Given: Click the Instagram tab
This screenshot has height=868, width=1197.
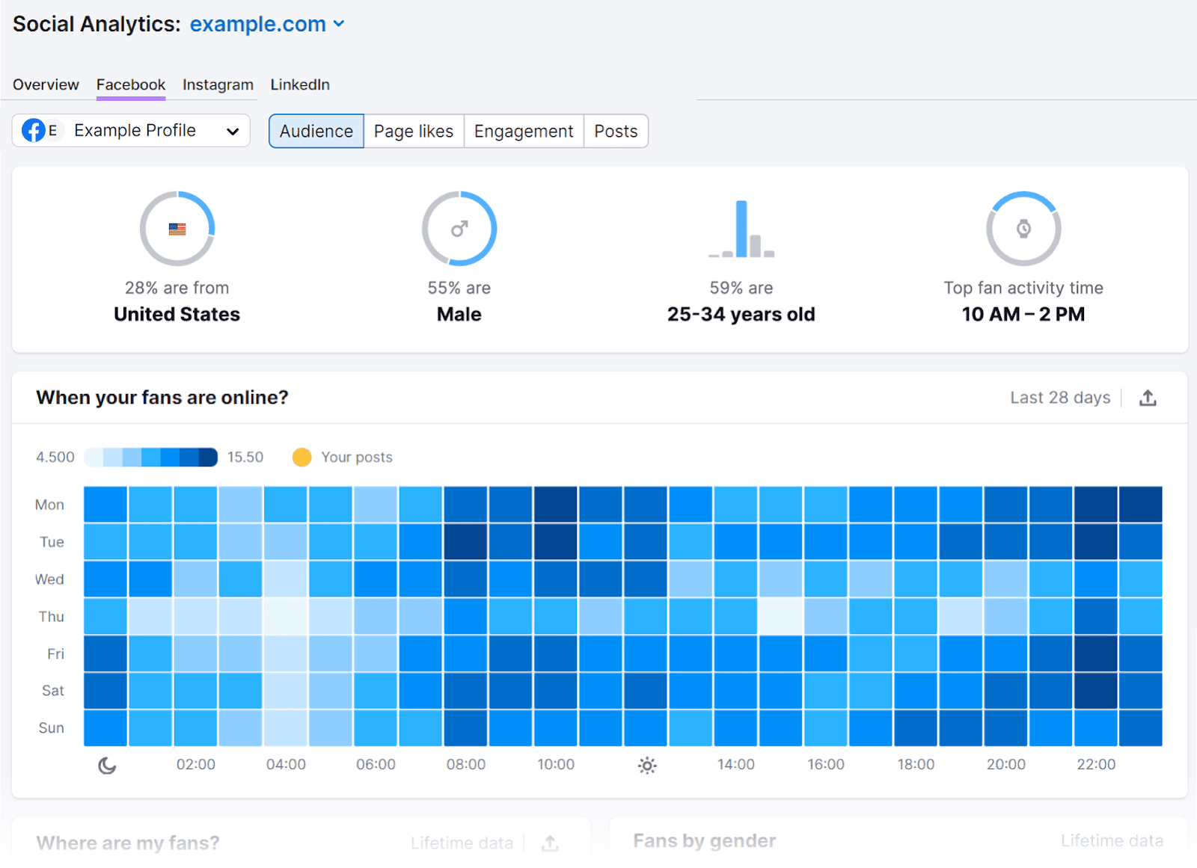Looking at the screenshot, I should coord(218,84).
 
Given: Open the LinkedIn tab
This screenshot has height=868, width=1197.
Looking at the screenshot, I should coord(299,84).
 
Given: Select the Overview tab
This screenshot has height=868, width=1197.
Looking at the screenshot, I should coord(46,84).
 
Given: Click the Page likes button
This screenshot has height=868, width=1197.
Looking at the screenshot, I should coord(413,132).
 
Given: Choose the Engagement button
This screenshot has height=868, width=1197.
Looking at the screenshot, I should coord(523,132).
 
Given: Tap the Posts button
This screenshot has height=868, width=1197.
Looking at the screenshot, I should coord(615,132).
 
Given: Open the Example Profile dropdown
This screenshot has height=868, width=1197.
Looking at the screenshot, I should coord(131,131).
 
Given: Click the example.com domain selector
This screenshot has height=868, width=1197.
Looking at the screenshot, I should coord(266,24).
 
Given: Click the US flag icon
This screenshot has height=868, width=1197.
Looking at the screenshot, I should coord(177,229).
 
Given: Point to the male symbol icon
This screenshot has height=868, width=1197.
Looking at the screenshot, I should coord(459,229).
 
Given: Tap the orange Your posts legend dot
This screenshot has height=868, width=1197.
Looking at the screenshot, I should coord(301,457).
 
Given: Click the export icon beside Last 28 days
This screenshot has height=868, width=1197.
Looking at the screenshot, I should coord(1148,398).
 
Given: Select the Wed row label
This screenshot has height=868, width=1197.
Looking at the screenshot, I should coord(49,579).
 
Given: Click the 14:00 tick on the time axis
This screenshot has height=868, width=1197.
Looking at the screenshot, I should coord(735,764).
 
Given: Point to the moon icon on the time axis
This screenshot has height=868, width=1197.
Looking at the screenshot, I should coord(107,765).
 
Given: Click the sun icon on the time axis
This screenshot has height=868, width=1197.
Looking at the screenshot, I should coord(647,765).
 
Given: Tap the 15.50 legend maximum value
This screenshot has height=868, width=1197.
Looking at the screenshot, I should coord(245,457).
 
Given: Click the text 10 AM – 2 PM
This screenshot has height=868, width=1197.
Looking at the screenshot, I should coord(1023,314).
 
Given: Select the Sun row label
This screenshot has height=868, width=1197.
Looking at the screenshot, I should coord(51,728).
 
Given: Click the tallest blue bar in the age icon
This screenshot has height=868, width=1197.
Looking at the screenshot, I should coord(741,229).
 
